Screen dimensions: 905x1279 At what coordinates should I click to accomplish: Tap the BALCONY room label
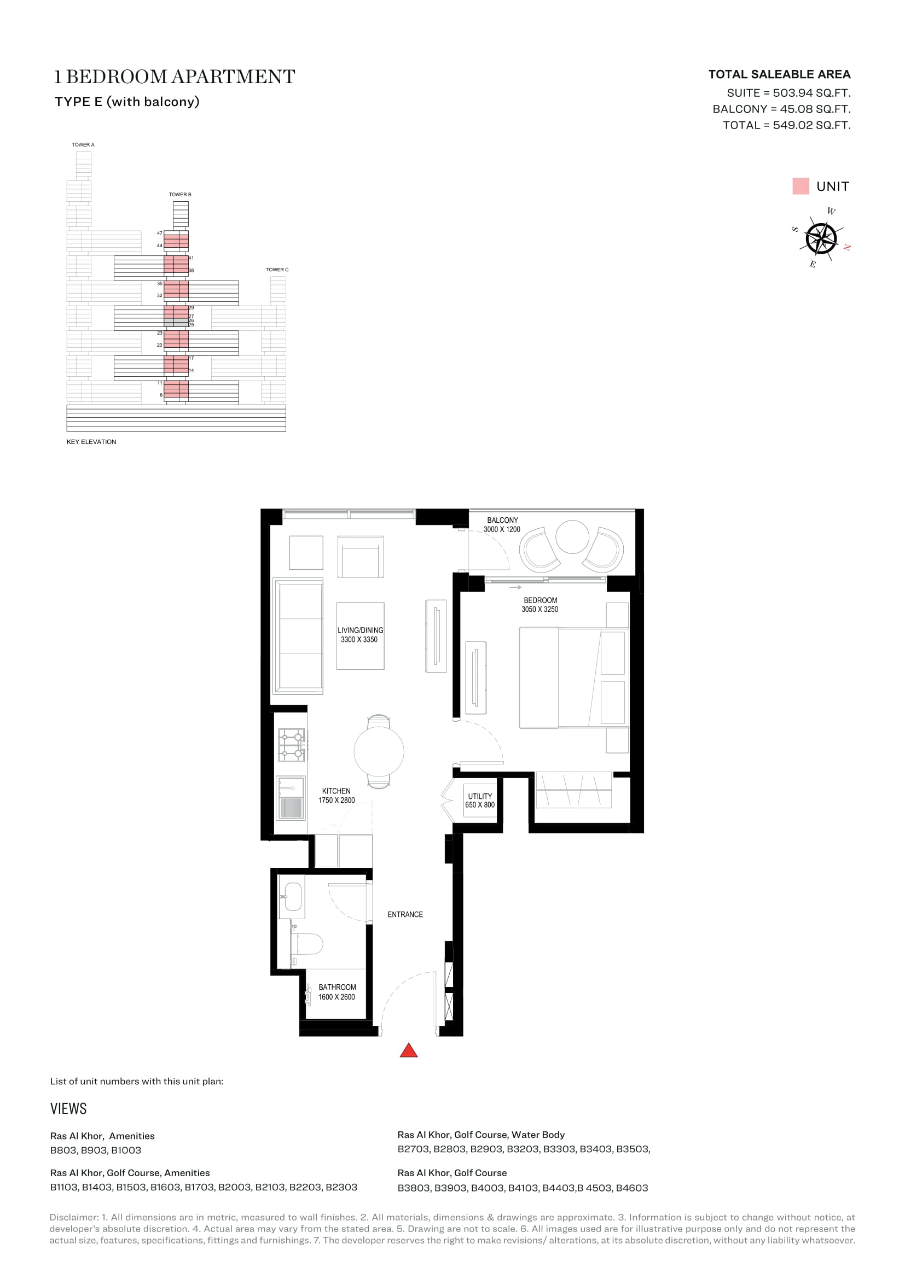pyautogui.click(x=502, y=519)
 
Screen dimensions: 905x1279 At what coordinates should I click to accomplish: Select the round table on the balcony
pyautogui.click(x=572, y=536)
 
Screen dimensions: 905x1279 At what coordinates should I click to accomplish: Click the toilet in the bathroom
pyautogui.click(x=307, y=944)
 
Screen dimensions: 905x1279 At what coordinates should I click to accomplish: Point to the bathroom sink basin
pyautogui.click(x=293, y=896)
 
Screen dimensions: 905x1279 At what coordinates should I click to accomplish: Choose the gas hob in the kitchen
pyautogui.click(x=292, y=745)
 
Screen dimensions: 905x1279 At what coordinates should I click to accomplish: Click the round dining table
pyautogui.click(x=379, y=751)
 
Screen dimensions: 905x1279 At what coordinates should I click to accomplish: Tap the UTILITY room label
pyautogui.click(x=480, y=796)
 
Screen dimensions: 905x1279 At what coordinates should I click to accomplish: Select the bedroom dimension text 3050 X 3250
pyautogui.click(x=539, y=609)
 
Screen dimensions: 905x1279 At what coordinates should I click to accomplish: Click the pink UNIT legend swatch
pyautogui.click(x=800, y=186)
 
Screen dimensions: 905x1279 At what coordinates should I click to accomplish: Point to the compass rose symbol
pyautogui.click(x=821, y=238)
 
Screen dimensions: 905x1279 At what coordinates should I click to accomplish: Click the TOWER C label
pyautogui.click(x=277, y=270)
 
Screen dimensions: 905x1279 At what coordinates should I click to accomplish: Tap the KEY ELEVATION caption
pyautogui.click(x=91, y=442)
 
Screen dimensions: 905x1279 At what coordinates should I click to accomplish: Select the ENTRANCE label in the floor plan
pyautogui.click(x=405, y=914)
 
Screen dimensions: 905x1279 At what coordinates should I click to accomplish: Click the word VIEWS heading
pyautogui.click(x=68, y=1108)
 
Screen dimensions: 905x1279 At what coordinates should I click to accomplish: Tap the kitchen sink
pyautogui.click(x=291, y=799)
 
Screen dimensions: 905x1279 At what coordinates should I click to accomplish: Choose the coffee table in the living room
pyautogui.click(x=360, y=635)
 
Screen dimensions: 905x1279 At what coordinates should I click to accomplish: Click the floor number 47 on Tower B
pyautogui.click(x=159, y=233)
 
